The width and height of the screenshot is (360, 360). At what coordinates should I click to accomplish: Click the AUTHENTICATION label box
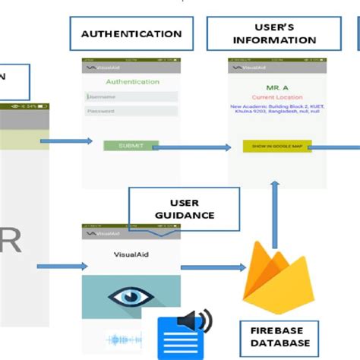click(x=131, y=34)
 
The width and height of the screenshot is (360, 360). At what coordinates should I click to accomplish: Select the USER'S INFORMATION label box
click(x=275, y=33)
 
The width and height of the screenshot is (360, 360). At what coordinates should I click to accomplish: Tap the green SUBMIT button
click(x=131, y=145)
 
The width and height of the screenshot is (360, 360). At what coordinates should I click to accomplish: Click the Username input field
click(x=131, y=96)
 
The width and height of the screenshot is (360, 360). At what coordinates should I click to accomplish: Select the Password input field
click(x=131, y=111)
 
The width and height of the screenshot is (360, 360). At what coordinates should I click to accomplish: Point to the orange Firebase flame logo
click(x=271, y=273)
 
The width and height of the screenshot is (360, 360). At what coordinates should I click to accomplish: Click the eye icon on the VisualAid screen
click(x=131, y=297)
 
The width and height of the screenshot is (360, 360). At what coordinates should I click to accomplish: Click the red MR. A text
click(x=276, y=87)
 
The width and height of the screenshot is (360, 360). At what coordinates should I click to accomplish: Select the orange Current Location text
click(x=276, y=97)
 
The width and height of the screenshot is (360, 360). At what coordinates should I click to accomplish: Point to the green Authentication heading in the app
click(x=132, y=81)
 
